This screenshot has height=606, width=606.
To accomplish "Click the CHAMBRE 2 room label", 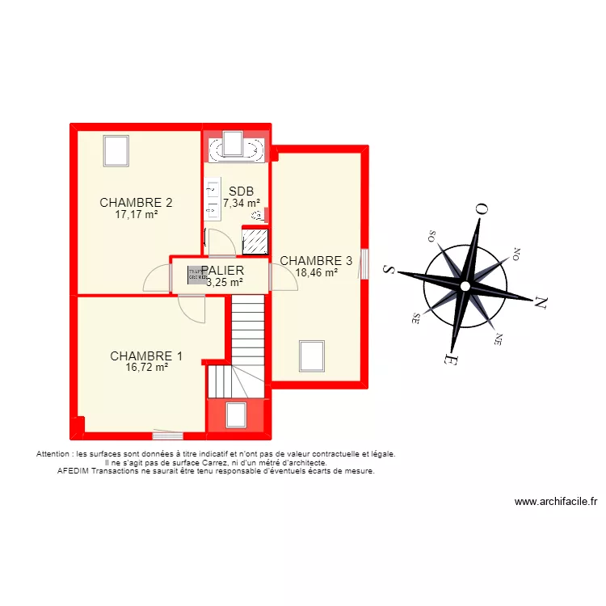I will coord(136,203).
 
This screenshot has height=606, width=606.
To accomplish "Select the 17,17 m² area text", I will coord(136,215).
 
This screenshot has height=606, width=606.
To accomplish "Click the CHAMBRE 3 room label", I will coord(316,261).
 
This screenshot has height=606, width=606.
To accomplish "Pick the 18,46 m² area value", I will coord(316,273).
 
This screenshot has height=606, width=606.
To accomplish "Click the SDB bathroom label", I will coord(241,191).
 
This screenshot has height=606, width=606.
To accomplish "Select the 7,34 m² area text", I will coord(241,204).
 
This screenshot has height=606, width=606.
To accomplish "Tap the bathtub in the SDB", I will coord(236,149).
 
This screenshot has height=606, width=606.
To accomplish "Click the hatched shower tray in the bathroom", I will coord(255,241).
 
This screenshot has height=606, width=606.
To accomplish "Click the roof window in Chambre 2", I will coord(116,150).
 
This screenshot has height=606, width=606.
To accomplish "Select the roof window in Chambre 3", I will coord(312,356).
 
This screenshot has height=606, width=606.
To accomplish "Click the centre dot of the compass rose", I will coord(465,286).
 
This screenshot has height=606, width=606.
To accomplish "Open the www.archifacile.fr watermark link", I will coord(554,502).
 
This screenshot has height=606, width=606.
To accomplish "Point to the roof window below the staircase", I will coord(236,415).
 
